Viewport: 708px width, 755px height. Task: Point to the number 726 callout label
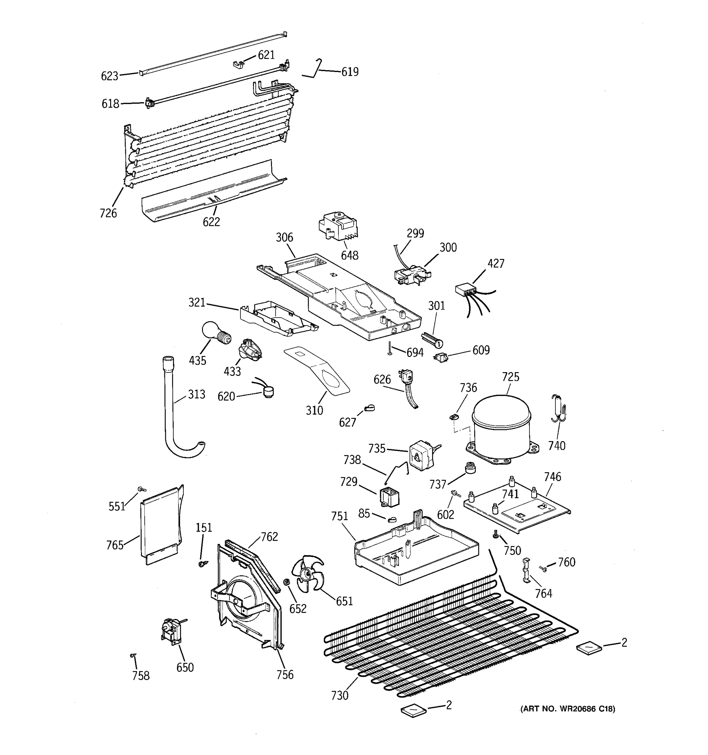108,213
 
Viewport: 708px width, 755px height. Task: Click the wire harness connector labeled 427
466,291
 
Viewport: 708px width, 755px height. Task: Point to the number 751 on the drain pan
339,516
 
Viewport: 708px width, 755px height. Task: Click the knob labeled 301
433,340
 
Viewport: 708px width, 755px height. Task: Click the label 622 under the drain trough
211,222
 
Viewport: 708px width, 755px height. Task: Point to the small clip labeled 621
238,64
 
